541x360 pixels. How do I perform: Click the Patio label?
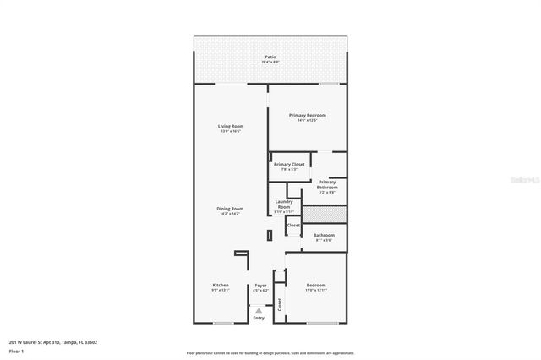pyautogui.click(x=270, y=57)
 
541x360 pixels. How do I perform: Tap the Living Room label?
pyautogui.click(x=231, y=128)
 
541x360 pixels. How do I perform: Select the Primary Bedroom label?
pyautogui.click(x=307, y=117)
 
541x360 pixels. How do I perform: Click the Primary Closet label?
pyautogui.click(x=289, y=166)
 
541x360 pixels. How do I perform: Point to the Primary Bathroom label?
pyautogui.click(x=326, y=186)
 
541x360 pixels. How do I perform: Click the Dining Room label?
pyautogui.click(x=231, y=210)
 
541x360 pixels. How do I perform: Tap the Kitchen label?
pyautogui.click(x=220, y=286)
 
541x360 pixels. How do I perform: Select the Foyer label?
pyautogui.click(x=260, y=286)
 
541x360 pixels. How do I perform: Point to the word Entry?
pyautogui.click(x=259, y=318)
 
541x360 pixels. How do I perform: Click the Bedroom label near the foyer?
pyautogui.click(x=316, y=286)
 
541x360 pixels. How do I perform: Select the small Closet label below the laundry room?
pyautogui.click(x=293, y=226)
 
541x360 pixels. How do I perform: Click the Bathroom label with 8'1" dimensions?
pyautogui.click(x=323, y=237)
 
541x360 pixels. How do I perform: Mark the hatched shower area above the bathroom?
pyautogui.click(x=324, y=215)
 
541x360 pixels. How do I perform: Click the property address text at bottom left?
pyautogui.click(x=53, y=342)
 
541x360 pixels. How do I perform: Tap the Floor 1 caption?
pyautogui.click(x=16, y=350)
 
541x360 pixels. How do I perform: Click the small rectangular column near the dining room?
pyautogui.click(x=269, y=237)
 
